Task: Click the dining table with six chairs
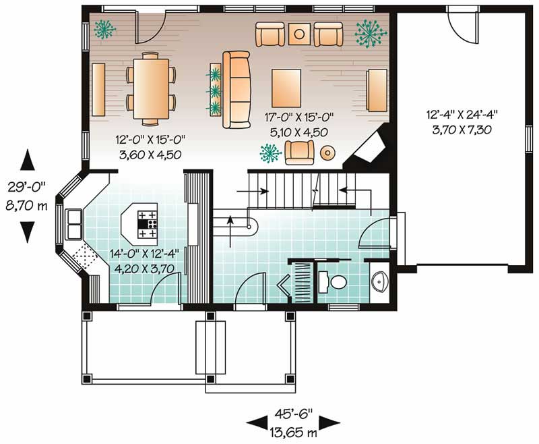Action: pyautogui.click(x=151, y=89)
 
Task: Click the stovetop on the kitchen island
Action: pyautogui.click(x=148, y=225)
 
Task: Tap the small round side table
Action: pyautogui.click(x=327, y=152)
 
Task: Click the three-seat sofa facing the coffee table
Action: pyautogui.click(x=235, y=89)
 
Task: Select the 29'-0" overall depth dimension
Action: pyautogui.click(x=26, y=195)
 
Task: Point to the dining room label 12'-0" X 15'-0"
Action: pyautogui.click(x=152, y=148)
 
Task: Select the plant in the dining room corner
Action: pyautogui.click(x=104, y=28)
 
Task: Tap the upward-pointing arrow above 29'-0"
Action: pyautogui.click(x=27, y=160)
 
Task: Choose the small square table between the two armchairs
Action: pyautogui.click(x=299, y=33)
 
